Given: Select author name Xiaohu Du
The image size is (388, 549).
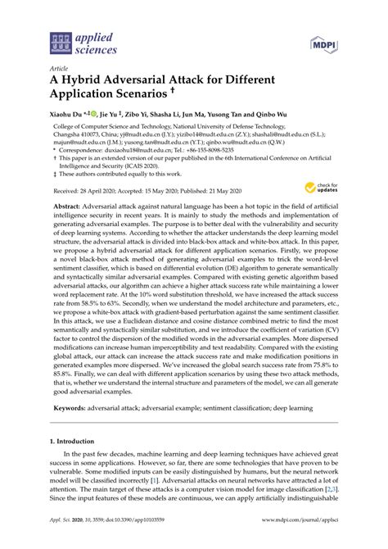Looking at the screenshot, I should (x=70, y=116).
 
